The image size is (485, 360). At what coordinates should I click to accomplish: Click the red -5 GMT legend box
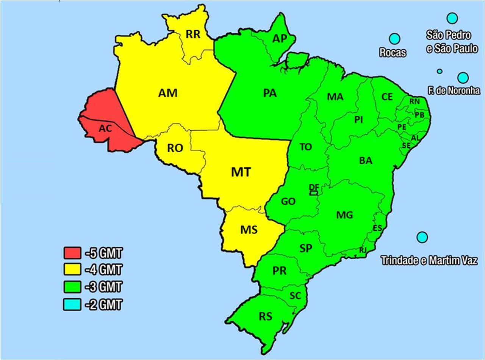72,252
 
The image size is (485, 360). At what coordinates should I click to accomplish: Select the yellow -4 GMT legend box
72,270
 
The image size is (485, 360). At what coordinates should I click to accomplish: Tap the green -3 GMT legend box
72,287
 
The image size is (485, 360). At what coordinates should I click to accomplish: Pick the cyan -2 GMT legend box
72,304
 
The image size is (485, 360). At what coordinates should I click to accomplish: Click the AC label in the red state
105,129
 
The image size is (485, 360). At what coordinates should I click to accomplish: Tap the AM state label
168,93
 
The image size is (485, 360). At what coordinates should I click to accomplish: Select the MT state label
241,172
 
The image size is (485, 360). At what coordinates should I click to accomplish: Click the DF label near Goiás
314,187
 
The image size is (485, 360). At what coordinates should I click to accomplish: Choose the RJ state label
363,250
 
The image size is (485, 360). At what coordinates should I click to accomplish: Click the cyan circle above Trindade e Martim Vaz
422,237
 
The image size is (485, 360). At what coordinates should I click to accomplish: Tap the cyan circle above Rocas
394,38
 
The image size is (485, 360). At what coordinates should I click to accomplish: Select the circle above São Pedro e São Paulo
452,18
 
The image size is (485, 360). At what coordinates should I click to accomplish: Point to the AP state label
279,39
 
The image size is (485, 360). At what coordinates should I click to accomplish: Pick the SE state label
406,146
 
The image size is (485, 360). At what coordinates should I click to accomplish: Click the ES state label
377,228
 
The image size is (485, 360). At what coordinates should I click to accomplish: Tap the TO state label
305,147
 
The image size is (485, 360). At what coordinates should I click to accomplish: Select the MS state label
249,230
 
